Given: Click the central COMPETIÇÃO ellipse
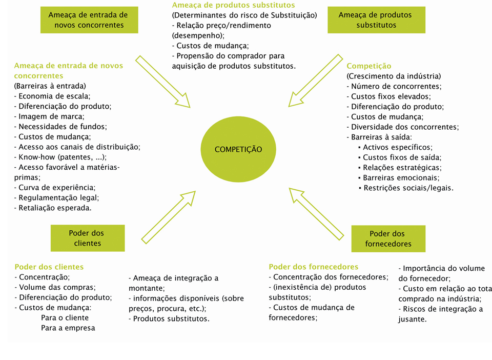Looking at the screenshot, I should tap(238, 149).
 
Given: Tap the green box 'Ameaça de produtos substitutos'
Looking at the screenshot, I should tap(362, 19).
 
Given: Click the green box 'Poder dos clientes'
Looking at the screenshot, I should tap(88, 238).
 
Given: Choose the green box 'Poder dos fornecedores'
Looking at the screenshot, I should tap(388, 238).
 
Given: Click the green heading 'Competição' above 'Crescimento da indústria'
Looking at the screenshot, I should tap(369, 66).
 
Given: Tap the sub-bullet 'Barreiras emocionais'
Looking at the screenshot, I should tap(401, 178).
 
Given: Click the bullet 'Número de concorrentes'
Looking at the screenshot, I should tap(394, 87).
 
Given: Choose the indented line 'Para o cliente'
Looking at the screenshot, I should tap(65, 317).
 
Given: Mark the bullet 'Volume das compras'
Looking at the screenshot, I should tap(55, 287).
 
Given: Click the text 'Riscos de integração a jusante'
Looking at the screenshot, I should tap(441, 313).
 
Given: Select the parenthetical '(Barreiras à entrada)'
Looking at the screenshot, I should tap(50, 86).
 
